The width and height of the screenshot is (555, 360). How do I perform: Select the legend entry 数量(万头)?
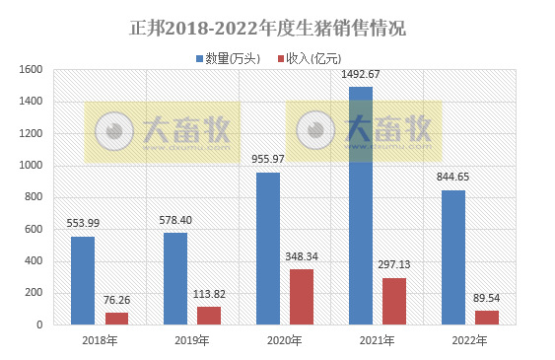pos(233,59)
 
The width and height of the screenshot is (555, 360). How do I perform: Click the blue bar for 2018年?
pos(83,280)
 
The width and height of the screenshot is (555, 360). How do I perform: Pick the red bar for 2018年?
pos(116,318)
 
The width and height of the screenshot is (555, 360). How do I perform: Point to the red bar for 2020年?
pos(301,296)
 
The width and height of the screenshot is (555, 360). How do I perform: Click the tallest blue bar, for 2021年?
pos(361,205)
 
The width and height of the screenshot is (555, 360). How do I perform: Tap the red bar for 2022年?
pos(487,317)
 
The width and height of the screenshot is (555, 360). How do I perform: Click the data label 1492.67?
pos(360,74)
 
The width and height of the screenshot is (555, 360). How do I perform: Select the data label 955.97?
pos(268,159)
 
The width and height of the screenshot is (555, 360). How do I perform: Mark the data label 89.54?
pos(487,297)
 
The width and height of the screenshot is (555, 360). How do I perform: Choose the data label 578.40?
pos(175,219)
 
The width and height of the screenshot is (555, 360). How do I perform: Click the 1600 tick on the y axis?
pos(30,70)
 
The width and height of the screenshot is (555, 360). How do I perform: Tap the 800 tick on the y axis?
pos(33,197)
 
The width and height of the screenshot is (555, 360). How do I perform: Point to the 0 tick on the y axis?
pos(39,324)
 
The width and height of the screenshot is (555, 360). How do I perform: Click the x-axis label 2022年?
pos(469,340)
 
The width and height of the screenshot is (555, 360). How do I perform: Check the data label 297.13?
pos(394,264)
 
